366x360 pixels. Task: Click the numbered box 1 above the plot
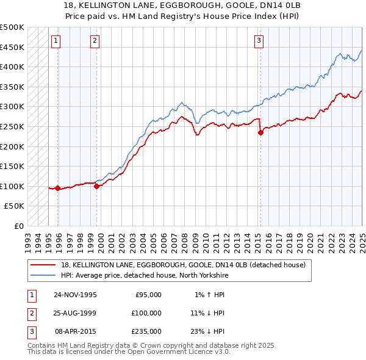(x=56, y=41)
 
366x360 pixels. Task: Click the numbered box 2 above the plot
(x=95, y=41)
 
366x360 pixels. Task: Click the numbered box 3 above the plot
(x=259, y=41)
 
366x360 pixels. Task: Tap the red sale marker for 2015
(x=260, y=132)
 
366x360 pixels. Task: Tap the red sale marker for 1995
(x=58, y=188)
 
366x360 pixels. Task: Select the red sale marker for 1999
(x=97, y=186)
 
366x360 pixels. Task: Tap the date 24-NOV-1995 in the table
(x=76, y=294)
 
